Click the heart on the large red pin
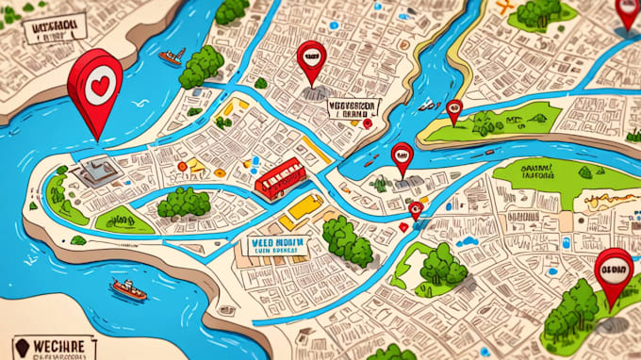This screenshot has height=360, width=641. (x=97, y=85)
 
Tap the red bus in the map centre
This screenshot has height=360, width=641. (x=280, y=177)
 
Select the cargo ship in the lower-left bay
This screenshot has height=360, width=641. (x=128, y=289)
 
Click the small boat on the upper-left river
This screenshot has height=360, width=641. (x=171, y=57)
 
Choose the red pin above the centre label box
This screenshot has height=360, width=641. (x=311, y=59)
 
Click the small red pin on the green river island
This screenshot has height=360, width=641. (x=454, y=111)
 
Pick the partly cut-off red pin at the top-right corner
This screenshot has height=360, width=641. (x=628, y=11)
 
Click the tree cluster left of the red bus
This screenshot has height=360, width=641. (x=184, y=202)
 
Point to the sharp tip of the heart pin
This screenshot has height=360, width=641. (x=97, y=139)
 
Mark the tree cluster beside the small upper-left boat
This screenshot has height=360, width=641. (x=202, y=65)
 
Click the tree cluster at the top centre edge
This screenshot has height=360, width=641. (x=231, y=10)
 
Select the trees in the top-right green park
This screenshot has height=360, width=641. (x=540, y=11)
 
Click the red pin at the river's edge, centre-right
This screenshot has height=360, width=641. (x=403, y=158)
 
